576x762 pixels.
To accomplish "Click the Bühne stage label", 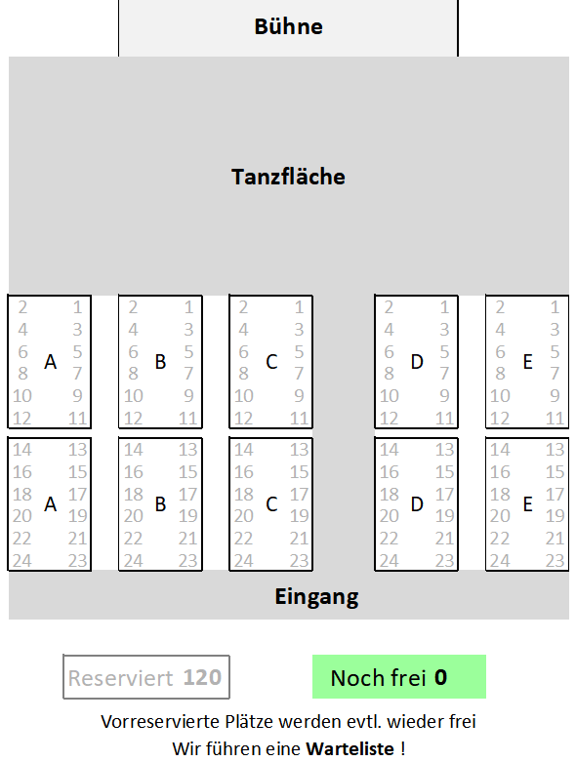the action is coord(288,26).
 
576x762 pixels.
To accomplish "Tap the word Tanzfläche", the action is coord(288,177).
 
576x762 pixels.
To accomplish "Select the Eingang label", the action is coord(316,597).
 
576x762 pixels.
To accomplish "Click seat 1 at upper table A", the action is coord(77,307).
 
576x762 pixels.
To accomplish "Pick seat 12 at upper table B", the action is coord(133,419).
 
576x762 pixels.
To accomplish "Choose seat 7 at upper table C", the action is coord(299,374).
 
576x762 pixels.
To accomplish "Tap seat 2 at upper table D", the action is coord(389,307).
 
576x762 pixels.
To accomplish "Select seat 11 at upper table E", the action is coord(555,419).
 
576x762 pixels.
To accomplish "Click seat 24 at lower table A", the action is coord(22,561).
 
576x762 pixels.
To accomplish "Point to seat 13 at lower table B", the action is coord(188,450).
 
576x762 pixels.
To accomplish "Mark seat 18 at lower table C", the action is coord(243,495).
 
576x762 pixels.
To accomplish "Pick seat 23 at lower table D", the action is coord(444,561).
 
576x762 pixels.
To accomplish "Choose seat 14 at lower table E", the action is coord(500,450).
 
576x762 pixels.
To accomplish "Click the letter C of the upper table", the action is coord(271,362).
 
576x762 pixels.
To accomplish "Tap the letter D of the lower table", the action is coord(417,504).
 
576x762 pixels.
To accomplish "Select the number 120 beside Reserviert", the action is coord(202,677).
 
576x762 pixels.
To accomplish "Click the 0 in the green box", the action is coord(440,677).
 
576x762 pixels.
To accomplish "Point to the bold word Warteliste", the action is coord(350,748).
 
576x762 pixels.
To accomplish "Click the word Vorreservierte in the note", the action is coord(160,722).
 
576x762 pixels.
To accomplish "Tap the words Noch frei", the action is coord(378,678).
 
